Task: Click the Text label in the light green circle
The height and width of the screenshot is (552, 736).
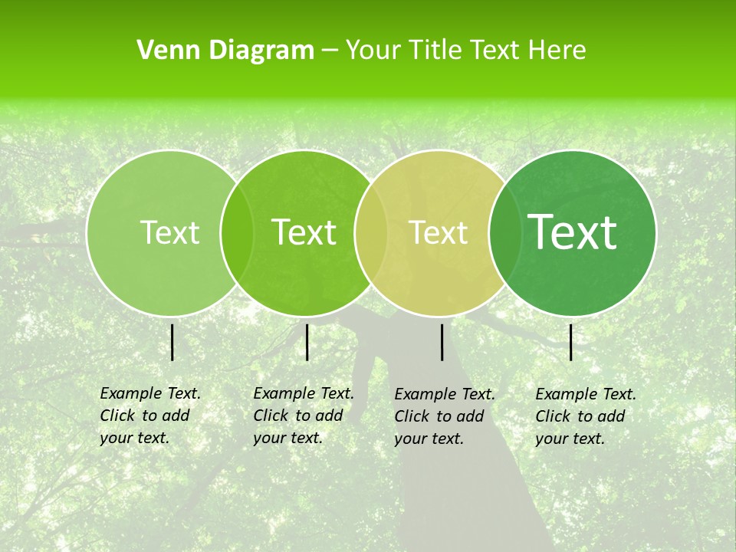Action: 169,232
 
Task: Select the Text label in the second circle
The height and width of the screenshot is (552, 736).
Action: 304,232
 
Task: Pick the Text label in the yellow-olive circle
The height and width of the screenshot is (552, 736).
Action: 438,232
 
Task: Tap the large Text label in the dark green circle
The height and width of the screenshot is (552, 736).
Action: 573,232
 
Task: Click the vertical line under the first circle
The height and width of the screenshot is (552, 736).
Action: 172,342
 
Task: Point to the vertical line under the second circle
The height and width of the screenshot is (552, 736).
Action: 307,342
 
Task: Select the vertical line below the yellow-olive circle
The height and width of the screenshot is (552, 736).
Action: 442,342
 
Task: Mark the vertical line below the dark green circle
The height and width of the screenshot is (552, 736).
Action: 571,342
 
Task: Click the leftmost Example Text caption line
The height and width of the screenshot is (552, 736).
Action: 150,393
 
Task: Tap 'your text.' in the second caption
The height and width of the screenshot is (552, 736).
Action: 287,438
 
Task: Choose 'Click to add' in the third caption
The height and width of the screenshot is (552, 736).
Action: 439,416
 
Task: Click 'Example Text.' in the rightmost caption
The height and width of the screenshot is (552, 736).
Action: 586,394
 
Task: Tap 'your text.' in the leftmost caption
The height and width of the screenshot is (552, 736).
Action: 134,438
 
